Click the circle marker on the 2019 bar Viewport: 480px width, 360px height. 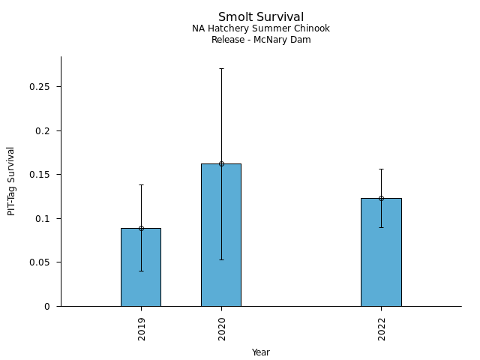141,228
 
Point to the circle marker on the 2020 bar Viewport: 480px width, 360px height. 221,163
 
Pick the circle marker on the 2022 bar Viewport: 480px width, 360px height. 381,198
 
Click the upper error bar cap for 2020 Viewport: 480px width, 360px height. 221,68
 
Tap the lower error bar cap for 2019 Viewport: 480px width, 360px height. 141,271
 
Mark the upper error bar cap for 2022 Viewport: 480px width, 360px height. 381,169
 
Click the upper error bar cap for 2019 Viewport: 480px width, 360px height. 141,184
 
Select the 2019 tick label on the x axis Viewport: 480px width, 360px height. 142,328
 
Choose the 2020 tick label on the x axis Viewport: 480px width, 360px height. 222,328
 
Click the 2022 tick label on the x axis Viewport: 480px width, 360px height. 382,328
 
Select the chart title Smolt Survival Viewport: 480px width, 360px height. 261,16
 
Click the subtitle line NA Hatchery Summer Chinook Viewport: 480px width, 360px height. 261,28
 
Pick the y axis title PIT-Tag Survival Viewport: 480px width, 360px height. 11,181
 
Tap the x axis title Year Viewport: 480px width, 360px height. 261,352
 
